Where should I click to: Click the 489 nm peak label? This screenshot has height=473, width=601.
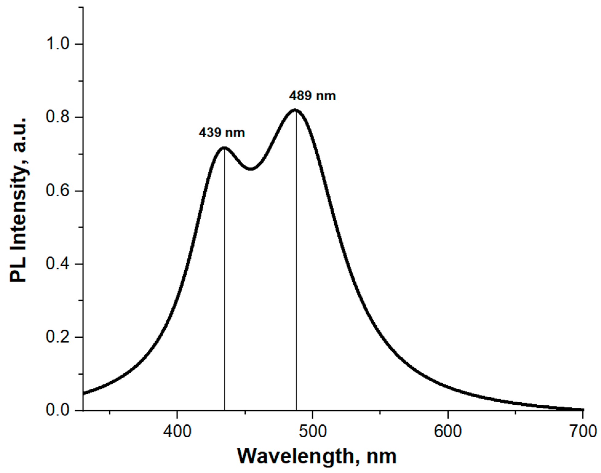312,96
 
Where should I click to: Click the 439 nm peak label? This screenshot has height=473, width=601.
222,133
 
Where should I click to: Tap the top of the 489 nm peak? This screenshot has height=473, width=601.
295,110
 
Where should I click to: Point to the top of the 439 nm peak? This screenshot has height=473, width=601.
224,148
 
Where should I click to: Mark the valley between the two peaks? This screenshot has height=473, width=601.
251,169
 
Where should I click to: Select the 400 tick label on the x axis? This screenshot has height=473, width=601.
177,431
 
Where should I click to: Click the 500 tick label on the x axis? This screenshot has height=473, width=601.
312,431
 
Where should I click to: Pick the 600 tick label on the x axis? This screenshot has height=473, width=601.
448,431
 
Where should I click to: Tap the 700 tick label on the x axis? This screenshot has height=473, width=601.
583,431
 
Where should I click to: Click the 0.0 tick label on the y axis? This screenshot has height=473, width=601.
58,410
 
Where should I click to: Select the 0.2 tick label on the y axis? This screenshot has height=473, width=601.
58,337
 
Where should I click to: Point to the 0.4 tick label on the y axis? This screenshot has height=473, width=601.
58,264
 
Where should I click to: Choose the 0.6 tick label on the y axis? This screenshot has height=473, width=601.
58,191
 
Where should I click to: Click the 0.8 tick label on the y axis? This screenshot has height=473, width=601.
58,117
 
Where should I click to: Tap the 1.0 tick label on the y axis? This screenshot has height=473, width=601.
58,44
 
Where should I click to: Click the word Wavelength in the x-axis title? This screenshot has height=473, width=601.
295,456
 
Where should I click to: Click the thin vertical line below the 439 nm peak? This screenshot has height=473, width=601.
225,277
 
